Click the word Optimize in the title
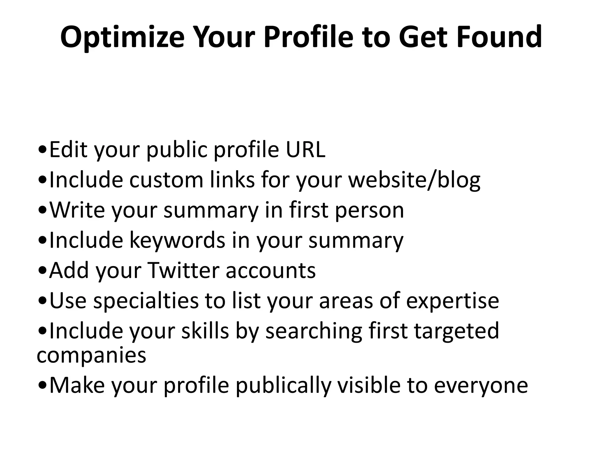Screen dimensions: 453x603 pos(122,37)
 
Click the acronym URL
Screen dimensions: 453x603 pos(306,150)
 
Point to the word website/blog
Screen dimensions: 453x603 pos(414,180)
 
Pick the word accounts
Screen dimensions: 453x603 pos(271,271)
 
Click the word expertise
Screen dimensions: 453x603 pos(453,301)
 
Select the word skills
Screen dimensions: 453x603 pos(205,331)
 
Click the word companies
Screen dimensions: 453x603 pos(91,355)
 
